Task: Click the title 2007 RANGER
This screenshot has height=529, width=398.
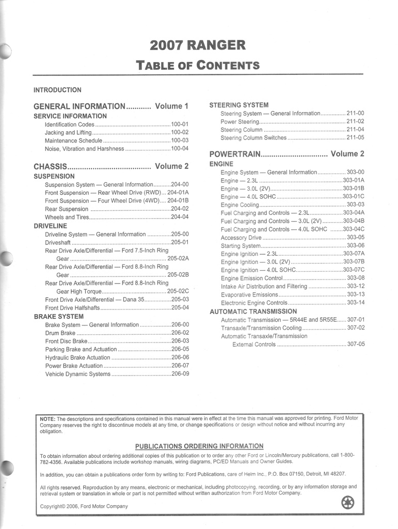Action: click(198, 45)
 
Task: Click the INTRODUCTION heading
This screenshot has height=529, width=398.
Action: click(57, 90)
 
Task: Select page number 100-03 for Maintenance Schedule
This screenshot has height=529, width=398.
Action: click(180, 141)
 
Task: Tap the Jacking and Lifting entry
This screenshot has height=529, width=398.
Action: click(68, 133)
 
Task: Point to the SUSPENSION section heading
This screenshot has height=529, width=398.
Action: click(54, 176)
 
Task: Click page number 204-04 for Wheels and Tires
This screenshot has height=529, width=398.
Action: click(180, 217)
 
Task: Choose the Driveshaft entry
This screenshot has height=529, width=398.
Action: click(58, 242)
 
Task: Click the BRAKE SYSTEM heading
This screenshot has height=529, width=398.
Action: click(58, 316)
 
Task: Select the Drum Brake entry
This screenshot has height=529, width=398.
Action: click(60, 333)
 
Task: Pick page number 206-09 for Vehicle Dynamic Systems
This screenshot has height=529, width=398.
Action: click(180, 374)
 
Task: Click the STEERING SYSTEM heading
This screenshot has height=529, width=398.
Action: click(238, 105)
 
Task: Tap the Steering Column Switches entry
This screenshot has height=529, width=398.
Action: click(253, 138)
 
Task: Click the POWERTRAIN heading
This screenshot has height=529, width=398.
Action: click(235, 154)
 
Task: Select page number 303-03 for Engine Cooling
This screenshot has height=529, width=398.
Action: click(356, 205)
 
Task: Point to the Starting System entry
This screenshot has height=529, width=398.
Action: click(241, 246)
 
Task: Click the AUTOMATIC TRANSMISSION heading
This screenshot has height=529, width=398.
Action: click(253, 312)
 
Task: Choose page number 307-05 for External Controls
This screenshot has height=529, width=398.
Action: click(356, 344)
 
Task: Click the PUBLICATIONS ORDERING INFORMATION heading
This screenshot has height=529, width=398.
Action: click(199, 446)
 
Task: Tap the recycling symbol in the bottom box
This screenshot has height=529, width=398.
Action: click(348, 502)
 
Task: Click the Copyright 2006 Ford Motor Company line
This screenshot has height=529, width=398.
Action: click(84, 506)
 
